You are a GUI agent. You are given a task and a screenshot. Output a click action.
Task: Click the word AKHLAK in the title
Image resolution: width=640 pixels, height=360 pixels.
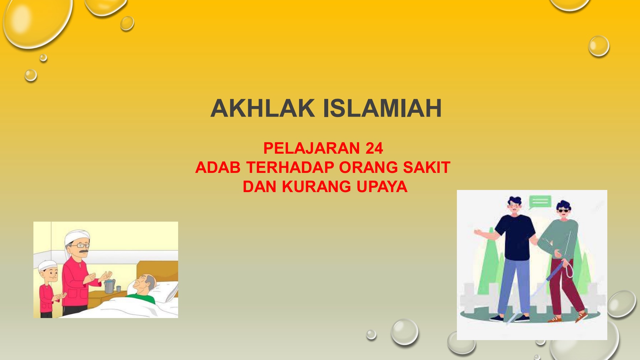[263, 108]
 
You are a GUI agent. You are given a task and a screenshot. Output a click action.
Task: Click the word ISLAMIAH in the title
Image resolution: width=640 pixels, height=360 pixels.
[382, 108]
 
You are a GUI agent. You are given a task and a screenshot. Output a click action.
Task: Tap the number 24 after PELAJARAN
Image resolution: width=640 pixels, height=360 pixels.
[374, 148]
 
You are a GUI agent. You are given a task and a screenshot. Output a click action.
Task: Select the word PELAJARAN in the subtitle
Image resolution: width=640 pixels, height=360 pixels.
[311, 148]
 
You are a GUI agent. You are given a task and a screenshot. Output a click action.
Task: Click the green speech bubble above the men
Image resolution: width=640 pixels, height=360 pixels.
[540, 202]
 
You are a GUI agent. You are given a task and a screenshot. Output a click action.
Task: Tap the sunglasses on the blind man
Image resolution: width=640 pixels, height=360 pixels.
[563, 211]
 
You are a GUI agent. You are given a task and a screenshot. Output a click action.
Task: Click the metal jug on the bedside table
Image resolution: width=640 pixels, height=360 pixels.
[110, 286]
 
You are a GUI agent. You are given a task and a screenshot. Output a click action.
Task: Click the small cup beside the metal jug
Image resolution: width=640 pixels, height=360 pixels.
[118, 289]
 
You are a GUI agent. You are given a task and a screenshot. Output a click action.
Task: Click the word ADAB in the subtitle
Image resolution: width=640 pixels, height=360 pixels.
[218, 168]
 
